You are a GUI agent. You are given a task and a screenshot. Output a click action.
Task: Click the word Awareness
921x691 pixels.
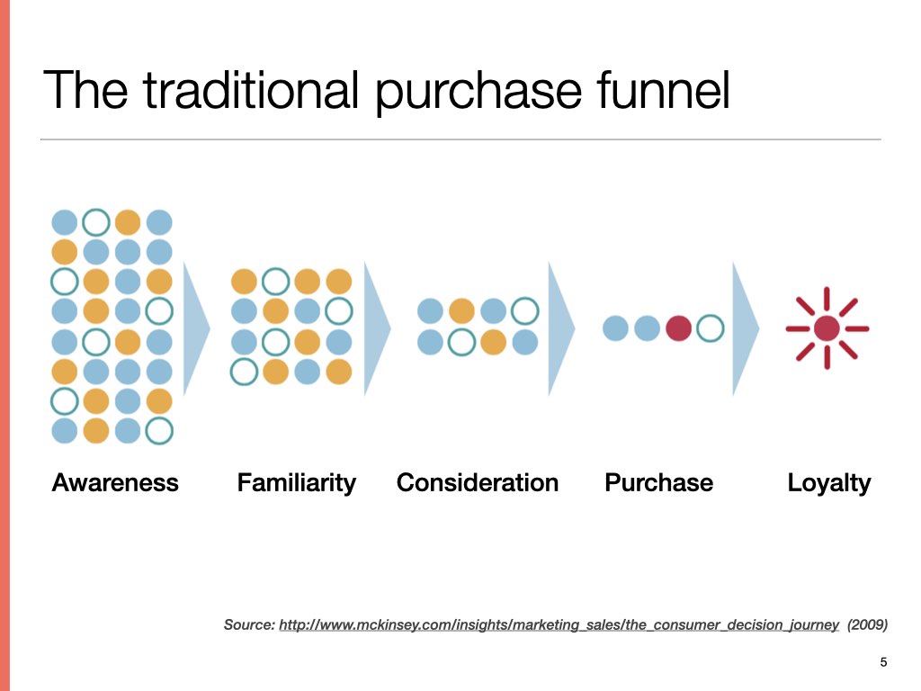115,482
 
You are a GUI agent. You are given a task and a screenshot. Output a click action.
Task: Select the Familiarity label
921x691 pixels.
297,483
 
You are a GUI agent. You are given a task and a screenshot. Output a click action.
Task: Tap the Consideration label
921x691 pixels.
478,482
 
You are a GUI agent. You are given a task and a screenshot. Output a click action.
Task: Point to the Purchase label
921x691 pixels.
659,482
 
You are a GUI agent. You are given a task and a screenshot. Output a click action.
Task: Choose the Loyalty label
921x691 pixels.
828,483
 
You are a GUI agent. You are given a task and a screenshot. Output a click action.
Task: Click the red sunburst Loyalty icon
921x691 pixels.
827,328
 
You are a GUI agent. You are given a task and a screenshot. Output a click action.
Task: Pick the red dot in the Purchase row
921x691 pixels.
678,328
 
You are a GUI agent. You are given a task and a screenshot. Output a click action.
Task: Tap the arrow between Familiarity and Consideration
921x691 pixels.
377,328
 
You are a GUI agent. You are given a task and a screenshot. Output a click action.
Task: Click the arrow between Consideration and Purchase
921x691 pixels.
561,328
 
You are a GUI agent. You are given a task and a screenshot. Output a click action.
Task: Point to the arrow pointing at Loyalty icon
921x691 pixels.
746,328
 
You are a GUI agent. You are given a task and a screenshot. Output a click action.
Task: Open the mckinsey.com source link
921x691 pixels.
559,624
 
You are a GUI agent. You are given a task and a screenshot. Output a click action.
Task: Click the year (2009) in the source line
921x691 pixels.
867,624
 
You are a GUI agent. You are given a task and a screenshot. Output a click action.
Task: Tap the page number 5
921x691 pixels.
883,662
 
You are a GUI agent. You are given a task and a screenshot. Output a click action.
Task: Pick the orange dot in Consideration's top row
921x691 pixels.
461,310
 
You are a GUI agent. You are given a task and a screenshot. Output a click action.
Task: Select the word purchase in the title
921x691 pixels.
478,92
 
